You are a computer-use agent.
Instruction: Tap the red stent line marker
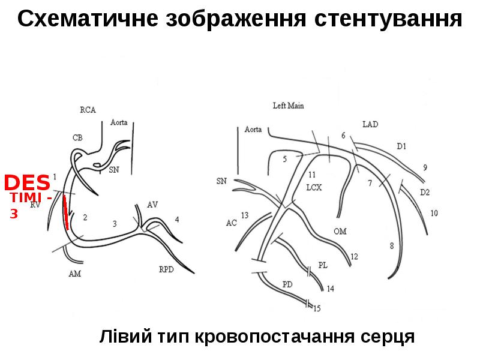pos(65,213)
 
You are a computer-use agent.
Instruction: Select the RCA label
pos(88,110)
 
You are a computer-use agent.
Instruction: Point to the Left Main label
pos(288,106)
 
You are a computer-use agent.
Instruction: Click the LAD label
pos(370,124)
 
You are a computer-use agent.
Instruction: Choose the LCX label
pos(314,187)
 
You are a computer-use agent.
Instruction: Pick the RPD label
pos(167,270)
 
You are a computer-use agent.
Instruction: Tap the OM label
pos(340,231)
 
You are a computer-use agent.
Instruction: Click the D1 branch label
pos(401,146)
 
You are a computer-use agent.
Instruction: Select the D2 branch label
pos(425,192)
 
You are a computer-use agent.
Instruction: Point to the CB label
pos(77,137)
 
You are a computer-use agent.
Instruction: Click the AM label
pos(75,274)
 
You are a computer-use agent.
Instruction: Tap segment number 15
pos(317,308)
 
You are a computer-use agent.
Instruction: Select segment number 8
pos(392,245)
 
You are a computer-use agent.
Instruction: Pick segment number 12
pos(354,256)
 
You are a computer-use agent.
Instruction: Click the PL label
pos(323,266)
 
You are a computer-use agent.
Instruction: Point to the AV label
pos(152,205)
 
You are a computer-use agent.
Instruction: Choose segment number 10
pos(434,213)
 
